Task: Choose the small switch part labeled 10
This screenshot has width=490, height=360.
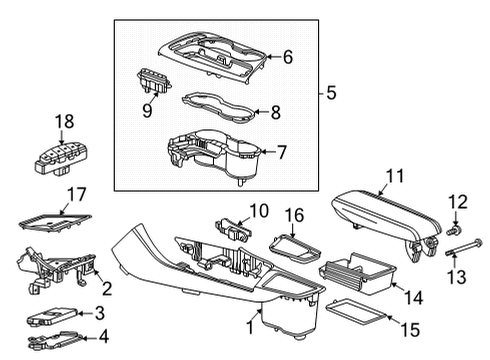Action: point(232,229)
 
